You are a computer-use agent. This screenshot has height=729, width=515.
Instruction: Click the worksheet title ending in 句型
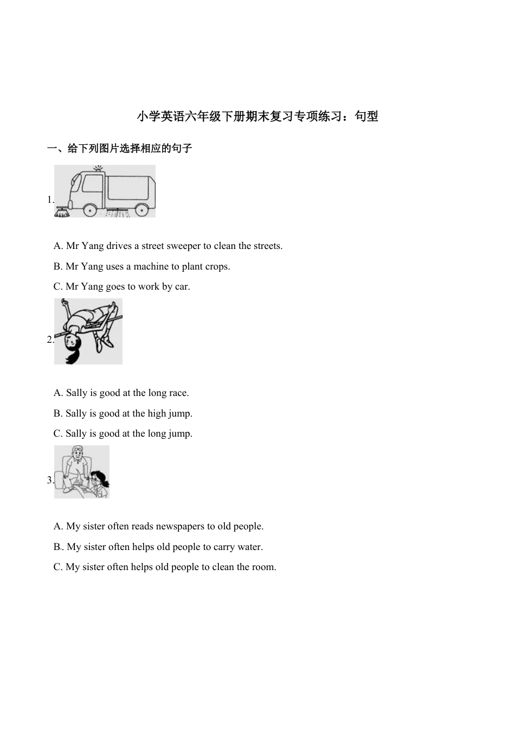pyautogui.click(x=257, y=116)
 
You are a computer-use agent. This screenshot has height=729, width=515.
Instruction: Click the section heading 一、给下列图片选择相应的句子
pyautogui.click(x=120, y=149)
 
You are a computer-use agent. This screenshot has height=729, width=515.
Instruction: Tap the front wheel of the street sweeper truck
pyautogui.click(x=90, y=208)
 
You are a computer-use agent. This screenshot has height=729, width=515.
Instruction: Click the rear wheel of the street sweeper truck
pyautogui.click(x=141, y=208)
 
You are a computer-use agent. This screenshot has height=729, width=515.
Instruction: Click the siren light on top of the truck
pyautogui.click(x=98, y=169)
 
